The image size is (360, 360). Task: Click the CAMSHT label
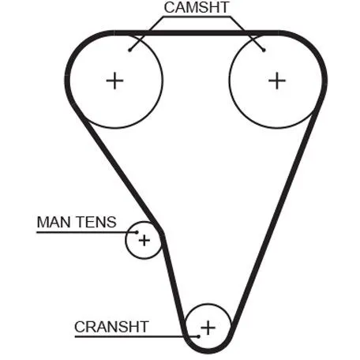197,7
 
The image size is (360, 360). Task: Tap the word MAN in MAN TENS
54,222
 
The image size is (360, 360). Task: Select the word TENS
96,222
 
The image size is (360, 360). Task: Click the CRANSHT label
111,327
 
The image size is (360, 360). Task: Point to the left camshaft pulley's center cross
114,81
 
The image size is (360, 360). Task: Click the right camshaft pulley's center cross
277,81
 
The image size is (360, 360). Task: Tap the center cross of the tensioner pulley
144,240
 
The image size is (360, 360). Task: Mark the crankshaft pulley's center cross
208,328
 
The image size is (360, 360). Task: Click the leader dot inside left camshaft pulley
129,50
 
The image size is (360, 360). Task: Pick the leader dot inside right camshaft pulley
264,50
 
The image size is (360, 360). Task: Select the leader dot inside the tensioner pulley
137,232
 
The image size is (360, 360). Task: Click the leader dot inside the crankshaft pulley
199,336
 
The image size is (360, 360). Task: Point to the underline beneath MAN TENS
87,232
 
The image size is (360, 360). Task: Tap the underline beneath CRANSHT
137,336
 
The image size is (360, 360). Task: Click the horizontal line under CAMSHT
197,17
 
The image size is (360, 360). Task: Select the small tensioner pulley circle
126,240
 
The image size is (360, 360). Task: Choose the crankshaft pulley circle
208,305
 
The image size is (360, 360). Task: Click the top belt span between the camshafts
196,33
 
